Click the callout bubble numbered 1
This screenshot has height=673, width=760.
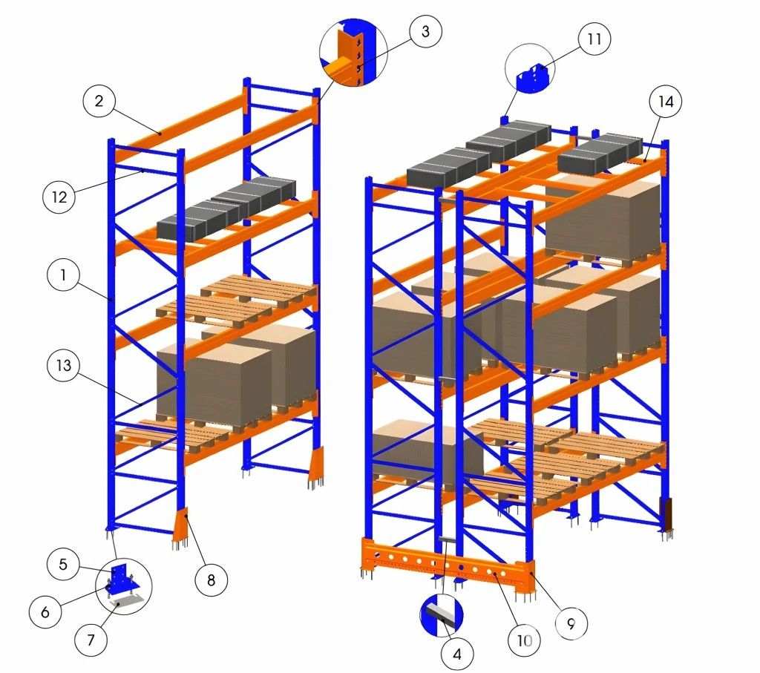coord(63,275)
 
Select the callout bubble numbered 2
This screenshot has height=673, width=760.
coord(99,101)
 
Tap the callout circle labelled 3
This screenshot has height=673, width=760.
coord(425,31)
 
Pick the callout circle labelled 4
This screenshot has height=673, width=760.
coord(457,654)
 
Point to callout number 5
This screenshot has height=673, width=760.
coord(63,564)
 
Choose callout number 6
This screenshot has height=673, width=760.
coord(45,612)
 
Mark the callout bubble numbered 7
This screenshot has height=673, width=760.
coord(91,640)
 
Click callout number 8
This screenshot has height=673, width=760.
coord(211,580)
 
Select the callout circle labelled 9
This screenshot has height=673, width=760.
coord(571,623)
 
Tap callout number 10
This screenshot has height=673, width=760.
coord(524,640)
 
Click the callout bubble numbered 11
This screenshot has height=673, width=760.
coord(594,39)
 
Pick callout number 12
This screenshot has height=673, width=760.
coord(59,197)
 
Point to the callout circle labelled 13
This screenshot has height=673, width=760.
coord(64,365)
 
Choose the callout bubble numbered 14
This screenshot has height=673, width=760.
coord(666,101)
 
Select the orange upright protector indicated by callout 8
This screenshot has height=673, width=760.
coord(181,525)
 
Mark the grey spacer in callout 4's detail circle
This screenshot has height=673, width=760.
coord(443,612)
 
